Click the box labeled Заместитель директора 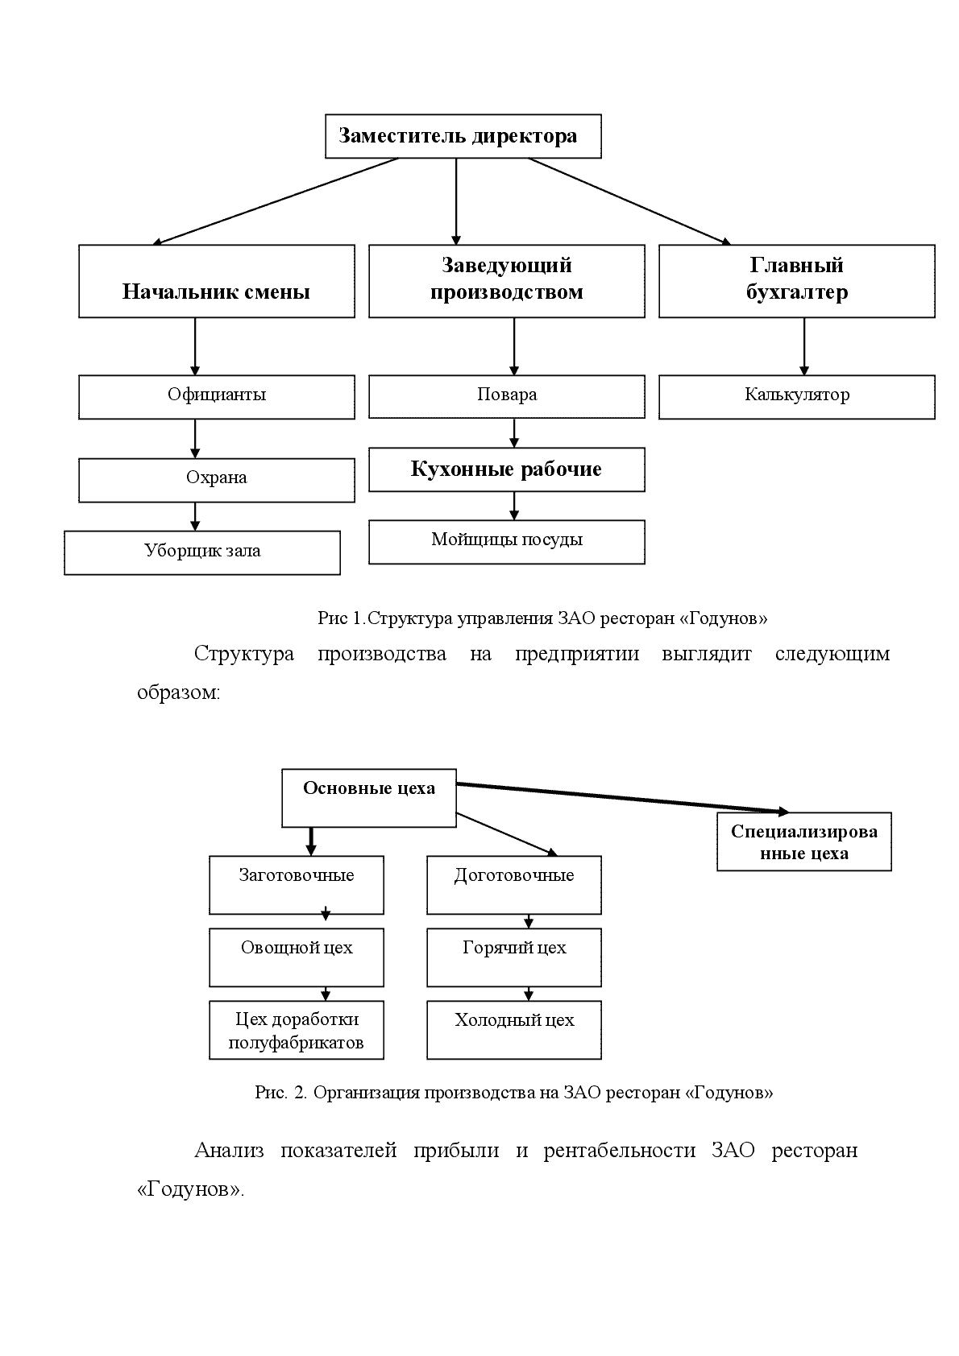pyautogui.click(x=463, y=136)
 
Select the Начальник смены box pyautogui.click(x=216, y=281)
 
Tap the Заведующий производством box pyautogui.click(x=506, y=281)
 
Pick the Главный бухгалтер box pyautogui.click(x=797, y=281)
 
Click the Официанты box pyautogui.click(x=216, y=397)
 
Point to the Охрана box pyautogui.click(x=216, y=480)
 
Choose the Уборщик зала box pyautogui.click(x=201, y=552)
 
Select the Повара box pyautogui.click(x=506, y=396)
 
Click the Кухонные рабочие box pyautogui.click(x=506, y=469)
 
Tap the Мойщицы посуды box pyautogui.click(x=506, y=542)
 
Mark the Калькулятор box pyautogui.click(x=797, y=397)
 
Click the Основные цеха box pyautogui.click(x=369, y=798)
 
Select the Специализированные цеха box pyautogui.click(x=804, y=841)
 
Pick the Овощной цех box pyautogui.click(x=297, y=957)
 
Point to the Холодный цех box pyautogui.click(x=513, y=1030)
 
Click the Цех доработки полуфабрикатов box pyautogui.click(x=297, y=1030)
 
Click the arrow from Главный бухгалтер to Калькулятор pyautogui.click(x=804, y=346)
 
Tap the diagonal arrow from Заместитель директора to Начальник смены pyautogui.click(x=275, y=201)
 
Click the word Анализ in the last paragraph pyautogui.click(x=229, y=1150)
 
